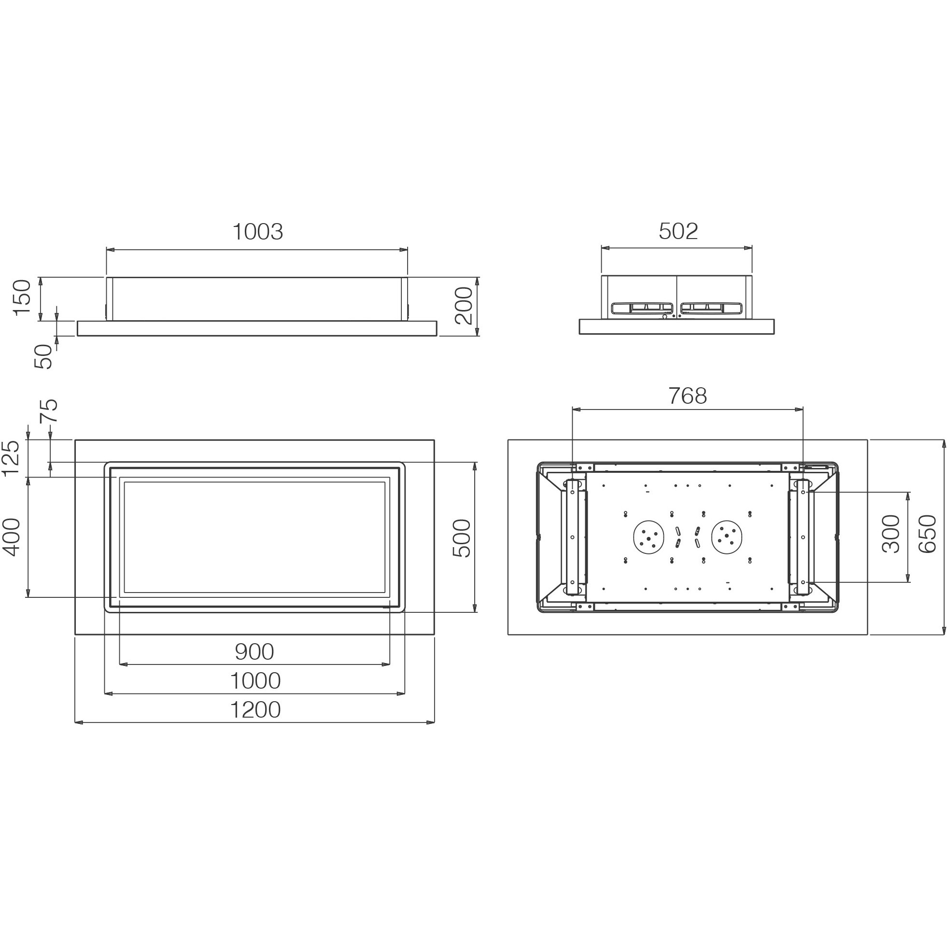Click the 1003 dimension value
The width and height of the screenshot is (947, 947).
(x=257, y=231)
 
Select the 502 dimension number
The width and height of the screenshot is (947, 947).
(x=678, y=231)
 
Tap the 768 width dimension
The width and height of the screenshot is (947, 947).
(x=688, y=396)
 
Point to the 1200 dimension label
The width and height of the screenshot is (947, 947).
(x=255, y=710)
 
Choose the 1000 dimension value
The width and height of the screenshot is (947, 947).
(x=255, y=681)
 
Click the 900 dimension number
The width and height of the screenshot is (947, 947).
(x=254, y=652)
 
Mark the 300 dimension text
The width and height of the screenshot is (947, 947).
(x=891, y=534)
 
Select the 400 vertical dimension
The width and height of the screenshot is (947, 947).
(x=13, y=537)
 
